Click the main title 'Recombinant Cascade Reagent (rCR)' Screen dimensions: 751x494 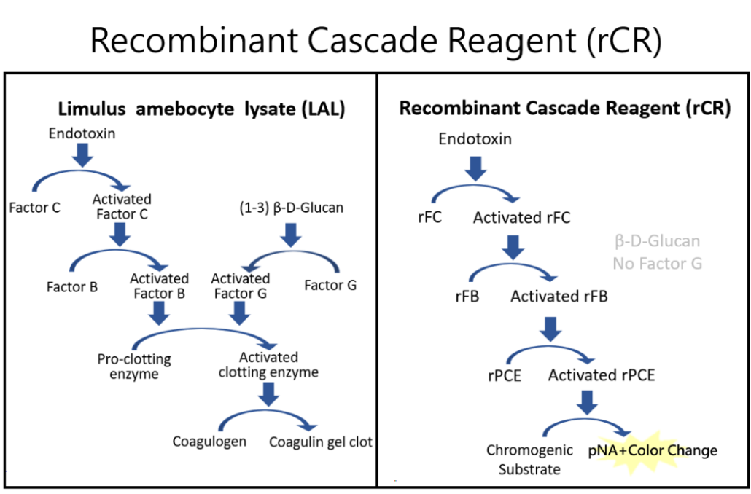(376, 41)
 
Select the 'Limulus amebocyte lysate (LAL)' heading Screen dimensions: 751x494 (202, 109)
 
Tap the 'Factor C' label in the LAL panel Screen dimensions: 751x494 (34, 208)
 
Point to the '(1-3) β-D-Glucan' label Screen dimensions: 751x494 (291, 208)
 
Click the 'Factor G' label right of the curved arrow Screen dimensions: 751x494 (330, 286)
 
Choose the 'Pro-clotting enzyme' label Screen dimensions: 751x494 (134, 366)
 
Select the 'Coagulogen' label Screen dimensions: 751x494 (209, 442)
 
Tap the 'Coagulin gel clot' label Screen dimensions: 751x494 (320, 442)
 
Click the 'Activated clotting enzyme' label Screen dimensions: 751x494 (269, 365)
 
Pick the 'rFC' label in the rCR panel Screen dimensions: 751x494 (429, 217)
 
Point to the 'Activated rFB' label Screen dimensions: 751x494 (559, 297)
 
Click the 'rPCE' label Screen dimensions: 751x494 (505, 375)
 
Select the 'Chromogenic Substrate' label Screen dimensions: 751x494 (529, 460)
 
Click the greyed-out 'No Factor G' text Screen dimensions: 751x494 (658, 263)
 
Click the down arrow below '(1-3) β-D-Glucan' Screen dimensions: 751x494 (290, 235)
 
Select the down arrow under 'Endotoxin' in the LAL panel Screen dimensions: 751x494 (82, 155)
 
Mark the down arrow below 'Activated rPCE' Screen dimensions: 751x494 (587, 403)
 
